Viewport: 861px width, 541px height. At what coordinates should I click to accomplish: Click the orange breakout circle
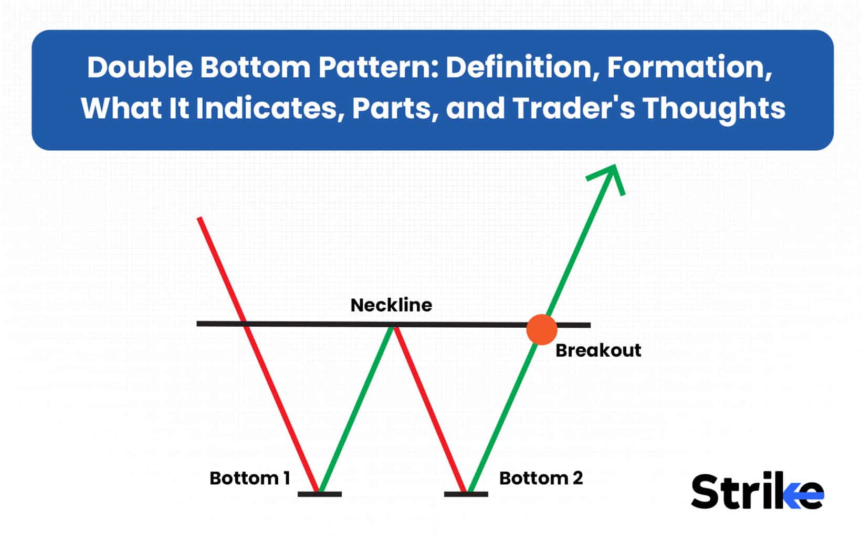pyautogui.click(x=541, y=329)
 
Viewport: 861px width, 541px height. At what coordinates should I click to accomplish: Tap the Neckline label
pyautogui.click(x=391, y=305)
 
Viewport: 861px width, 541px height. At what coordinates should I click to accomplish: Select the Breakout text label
pyautogui.click(x=598, y=350)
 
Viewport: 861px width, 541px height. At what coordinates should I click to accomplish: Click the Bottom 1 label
pyautogui.click(x=249, y=478)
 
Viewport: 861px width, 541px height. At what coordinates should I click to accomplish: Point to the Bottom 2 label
pyautogui.click(x=541, y=478)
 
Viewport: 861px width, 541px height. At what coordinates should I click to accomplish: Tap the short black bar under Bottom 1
pyautogui.click(x=319, y=494)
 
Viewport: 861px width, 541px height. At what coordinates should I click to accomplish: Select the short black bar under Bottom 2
pyautogui.click(x=466, y=494)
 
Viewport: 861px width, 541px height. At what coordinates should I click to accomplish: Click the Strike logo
pyautogui.click(x=757, y=492)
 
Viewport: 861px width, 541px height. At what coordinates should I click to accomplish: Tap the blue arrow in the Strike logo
pyautogui.click(x=806, y=495)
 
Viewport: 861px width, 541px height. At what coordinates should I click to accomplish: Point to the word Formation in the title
pyautogui.click(x=689, y=68)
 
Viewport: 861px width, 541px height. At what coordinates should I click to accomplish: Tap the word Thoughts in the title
pyautogui.click(x=713, y=108)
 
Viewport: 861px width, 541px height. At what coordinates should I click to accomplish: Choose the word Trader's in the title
pyautogui.click(x=573, y=108)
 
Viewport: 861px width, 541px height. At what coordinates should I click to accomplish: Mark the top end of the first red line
pyautogui.click(x=199, y=219)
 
